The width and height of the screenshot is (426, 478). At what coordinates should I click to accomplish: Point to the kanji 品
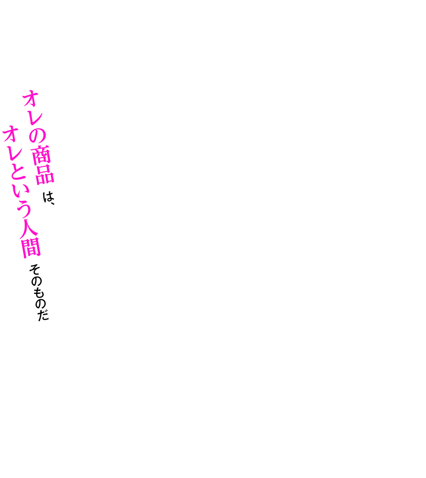pyautogui.click(x=45, y=174)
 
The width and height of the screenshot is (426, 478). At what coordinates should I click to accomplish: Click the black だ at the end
pyautogui.click(x=43, y=315)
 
